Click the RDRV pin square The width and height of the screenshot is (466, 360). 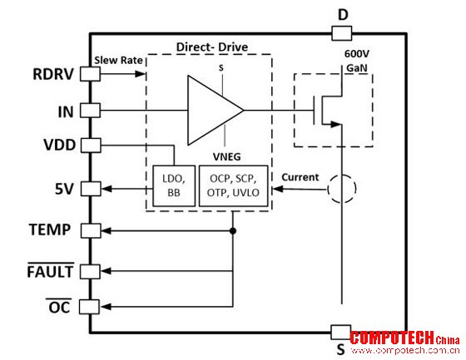coord(90,74)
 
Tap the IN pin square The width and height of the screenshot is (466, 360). coord(90,111)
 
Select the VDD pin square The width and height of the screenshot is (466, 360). coord(91,145)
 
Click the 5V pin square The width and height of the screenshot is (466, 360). coord(91,189)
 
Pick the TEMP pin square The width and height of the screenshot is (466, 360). coord(91,231)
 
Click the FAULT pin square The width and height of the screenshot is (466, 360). coord(90,271)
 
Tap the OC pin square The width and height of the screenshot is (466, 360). coord(89,307)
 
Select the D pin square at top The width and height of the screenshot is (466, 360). coord(342,33)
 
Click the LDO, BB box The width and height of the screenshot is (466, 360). coord(174,186)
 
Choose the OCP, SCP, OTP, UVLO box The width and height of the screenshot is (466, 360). coord(233,186)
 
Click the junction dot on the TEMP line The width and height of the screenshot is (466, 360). coord(233,231)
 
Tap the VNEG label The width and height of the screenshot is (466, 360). coord(226,156)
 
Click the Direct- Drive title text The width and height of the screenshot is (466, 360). coord(212,47)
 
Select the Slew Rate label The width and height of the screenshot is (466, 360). coord(118,61)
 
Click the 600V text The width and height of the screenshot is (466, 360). coord(357,54)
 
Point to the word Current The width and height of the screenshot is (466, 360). coord(300,177)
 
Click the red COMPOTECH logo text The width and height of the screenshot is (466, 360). coord(392,338)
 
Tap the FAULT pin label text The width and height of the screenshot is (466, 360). coord(50,272)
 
